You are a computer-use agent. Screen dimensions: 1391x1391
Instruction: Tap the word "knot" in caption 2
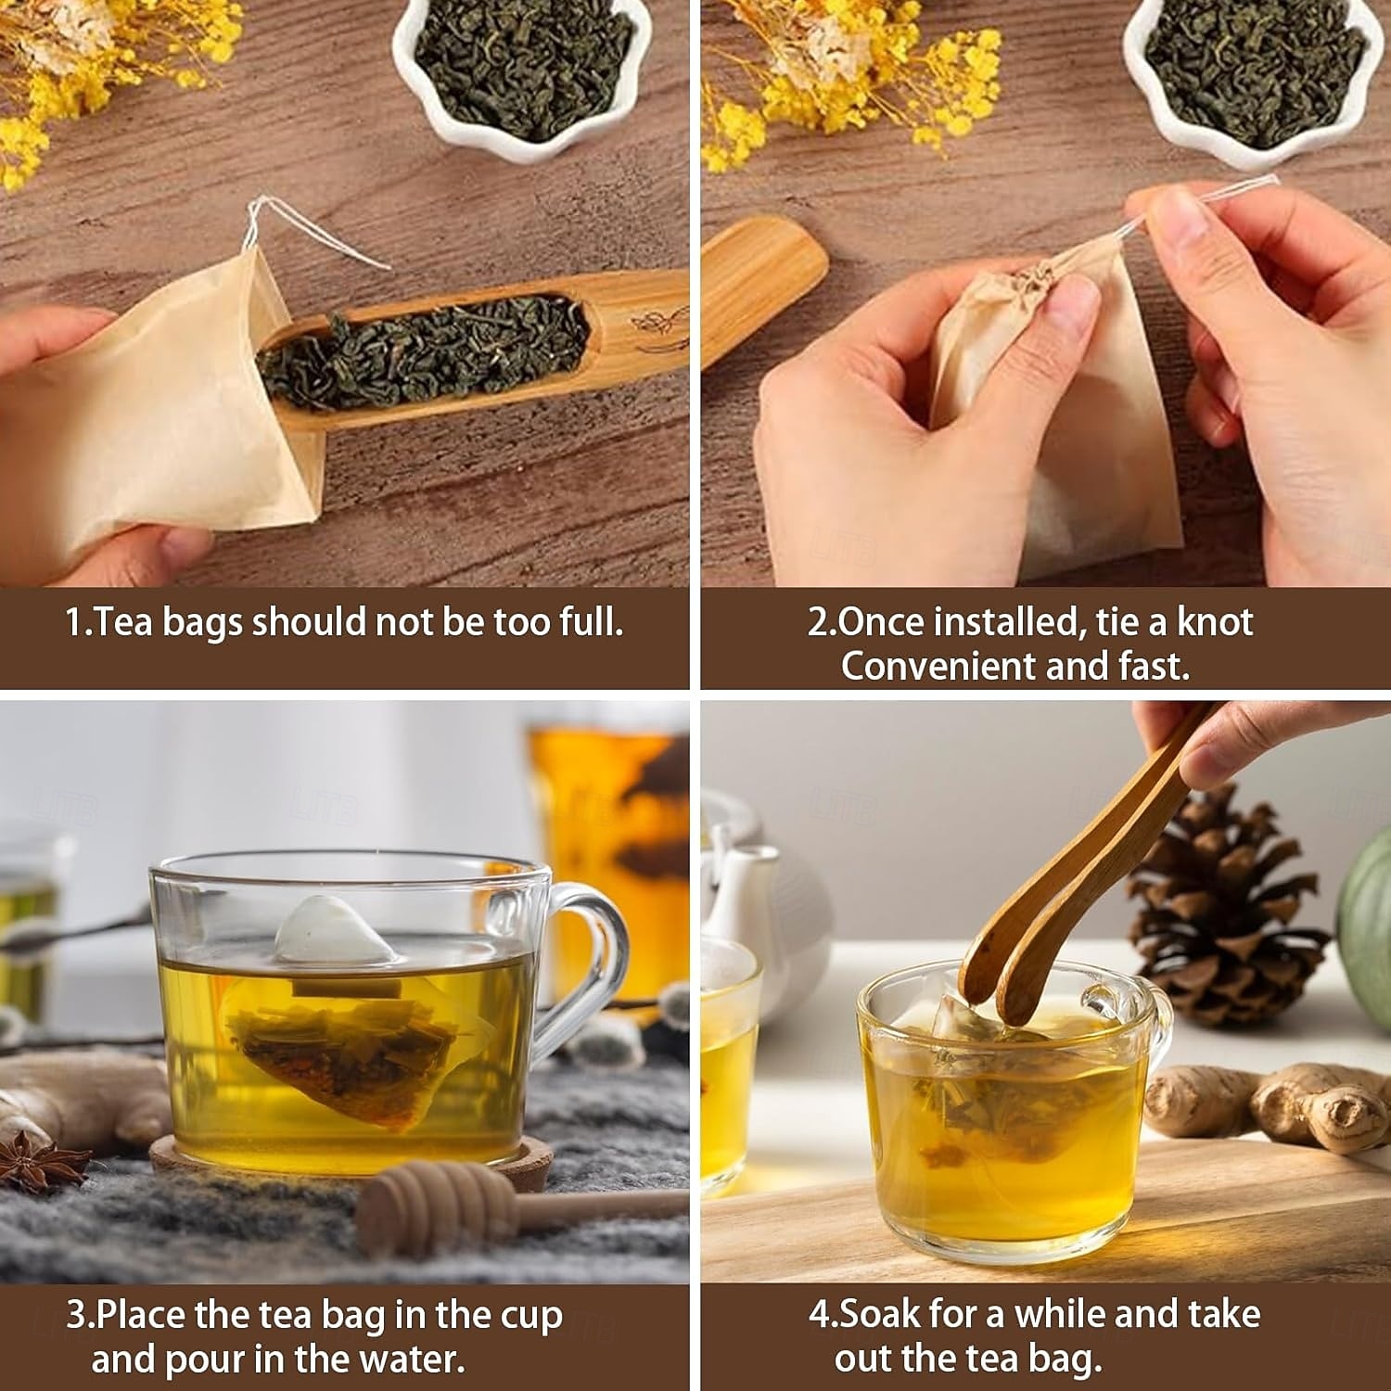1215,621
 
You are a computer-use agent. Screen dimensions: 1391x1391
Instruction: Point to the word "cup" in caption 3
529,1317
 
